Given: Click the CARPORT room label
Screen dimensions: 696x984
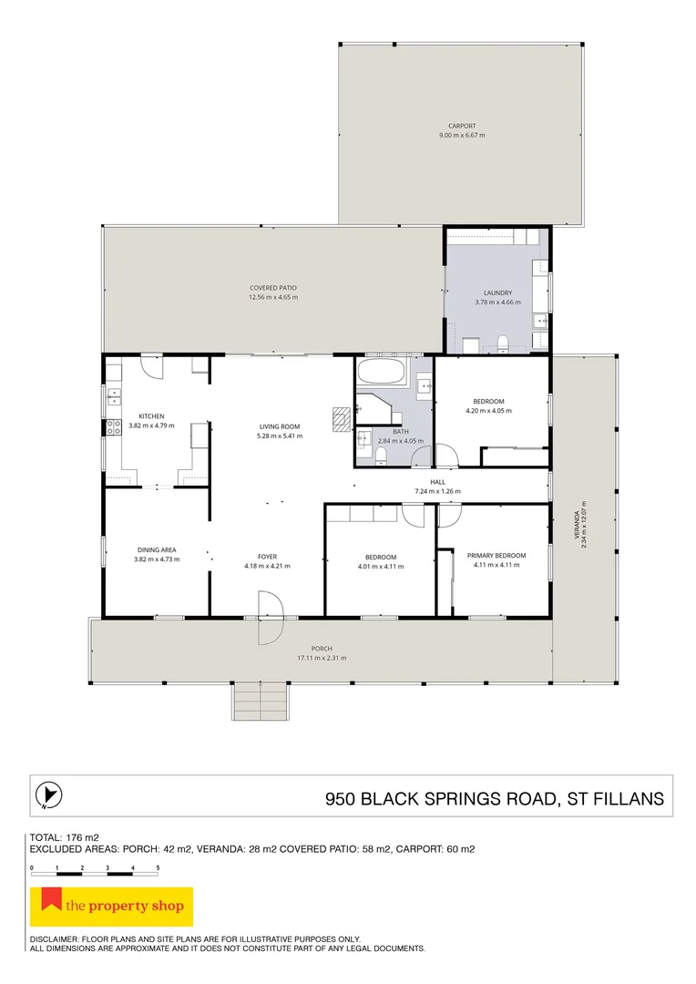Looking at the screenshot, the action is [462, 126].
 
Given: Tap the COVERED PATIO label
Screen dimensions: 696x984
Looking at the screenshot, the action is [273, 288].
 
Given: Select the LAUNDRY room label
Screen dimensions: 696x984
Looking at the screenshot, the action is [497, 292].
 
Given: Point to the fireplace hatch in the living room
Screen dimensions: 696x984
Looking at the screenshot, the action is [341, 419].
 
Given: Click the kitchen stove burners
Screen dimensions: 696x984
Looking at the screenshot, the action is [114, 428].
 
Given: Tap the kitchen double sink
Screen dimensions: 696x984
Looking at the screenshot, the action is [114, 396].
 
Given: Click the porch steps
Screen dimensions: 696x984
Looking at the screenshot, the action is [261, 701].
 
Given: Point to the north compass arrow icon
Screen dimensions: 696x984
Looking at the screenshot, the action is [49, 795].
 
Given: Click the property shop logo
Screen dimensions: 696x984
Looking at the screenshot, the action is [112, 907].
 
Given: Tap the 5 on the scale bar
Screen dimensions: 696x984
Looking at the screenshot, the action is [158, 868].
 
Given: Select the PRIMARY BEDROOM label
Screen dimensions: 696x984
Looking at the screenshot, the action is [496, 556].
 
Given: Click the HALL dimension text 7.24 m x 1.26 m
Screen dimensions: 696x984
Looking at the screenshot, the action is [437, 491].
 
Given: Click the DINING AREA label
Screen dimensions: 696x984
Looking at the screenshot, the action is [157, 549].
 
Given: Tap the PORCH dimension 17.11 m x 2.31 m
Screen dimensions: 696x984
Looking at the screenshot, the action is [322, 659].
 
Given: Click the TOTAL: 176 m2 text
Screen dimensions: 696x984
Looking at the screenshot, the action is [65, 837].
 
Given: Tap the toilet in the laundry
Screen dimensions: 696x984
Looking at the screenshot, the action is [502, 343].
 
